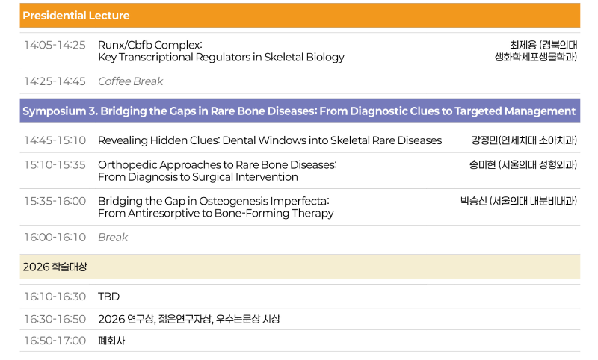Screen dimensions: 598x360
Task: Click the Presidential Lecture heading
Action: tap(76, 16)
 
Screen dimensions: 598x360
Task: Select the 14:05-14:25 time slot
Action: tap(55, 45)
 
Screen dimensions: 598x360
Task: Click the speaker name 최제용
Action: tap(523, 45)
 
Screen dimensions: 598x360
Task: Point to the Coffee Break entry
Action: tap(130, 81)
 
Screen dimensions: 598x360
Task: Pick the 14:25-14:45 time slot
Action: tap(55, 81)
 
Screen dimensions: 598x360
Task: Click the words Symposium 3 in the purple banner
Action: tap(61, 111)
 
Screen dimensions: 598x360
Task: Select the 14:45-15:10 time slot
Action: tap(55, 140)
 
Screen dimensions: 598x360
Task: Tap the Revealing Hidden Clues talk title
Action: tap(270, 140)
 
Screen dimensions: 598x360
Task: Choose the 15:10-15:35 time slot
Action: tap(55, 164)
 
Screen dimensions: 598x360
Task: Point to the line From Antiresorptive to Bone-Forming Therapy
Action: tap(215, 213)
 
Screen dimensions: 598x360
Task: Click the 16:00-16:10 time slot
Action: tap(55, 237)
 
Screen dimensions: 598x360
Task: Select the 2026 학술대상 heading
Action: tap(55, 267)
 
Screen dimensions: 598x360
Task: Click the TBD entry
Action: tap(108, 297)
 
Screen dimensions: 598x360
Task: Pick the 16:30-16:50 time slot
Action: tap(55, 319)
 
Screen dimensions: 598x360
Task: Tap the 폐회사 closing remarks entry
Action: tap(111, 341)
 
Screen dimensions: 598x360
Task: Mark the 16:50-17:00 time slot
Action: tap(55, 341)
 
